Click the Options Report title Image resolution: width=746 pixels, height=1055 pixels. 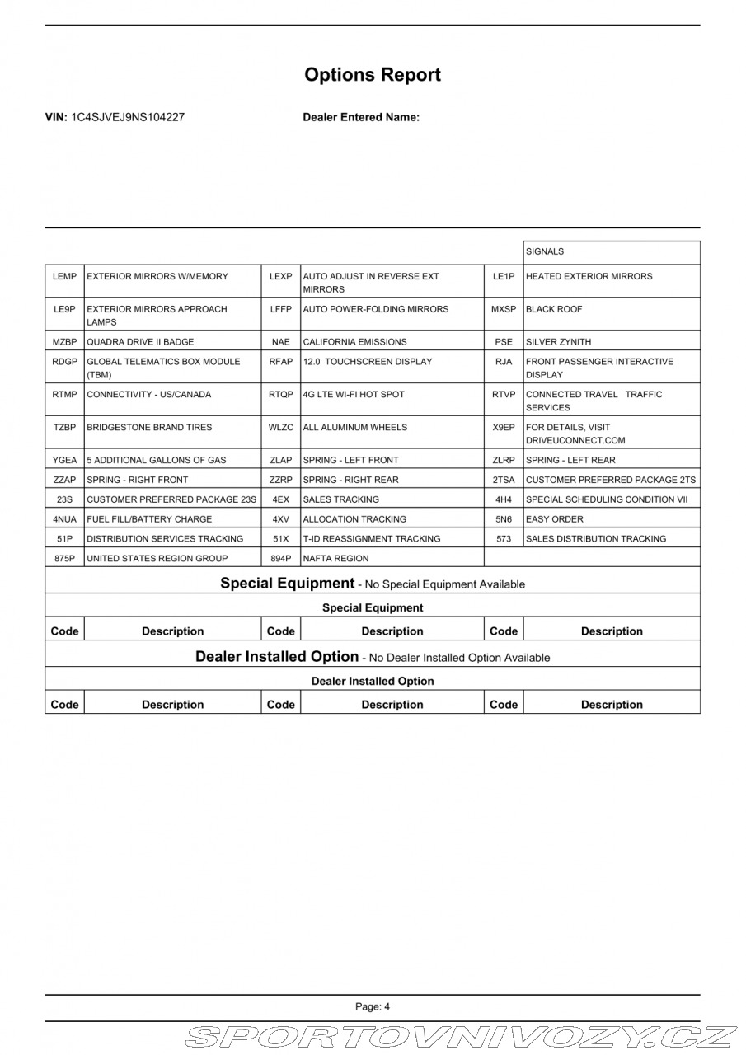(x=373, y=75)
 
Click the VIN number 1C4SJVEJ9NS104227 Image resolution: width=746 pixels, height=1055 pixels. (x=127, y=117)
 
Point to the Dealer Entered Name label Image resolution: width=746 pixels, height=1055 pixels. (x=361, y=117)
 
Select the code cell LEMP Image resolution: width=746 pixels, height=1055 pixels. (x=64, y=277)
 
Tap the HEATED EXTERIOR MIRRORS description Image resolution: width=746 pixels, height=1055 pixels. (x=589, y=277)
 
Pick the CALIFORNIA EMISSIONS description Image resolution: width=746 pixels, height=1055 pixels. (x=354, y=342)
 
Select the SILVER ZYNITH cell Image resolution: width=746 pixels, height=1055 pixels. (x=558, y=342)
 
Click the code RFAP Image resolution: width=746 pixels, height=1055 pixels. (x=281, y=362)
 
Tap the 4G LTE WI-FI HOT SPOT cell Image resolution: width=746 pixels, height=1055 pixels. (x=354, y=395)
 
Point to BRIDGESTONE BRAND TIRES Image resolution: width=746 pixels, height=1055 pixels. (x=149, y=428)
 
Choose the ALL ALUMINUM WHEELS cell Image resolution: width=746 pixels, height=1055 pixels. (x=355, y=428)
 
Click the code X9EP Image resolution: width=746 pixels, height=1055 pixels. (x=504, y=428)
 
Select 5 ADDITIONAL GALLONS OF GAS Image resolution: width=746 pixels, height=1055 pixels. (x=156, y=460)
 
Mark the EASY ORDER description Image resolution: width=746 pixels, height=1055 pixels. (x=554, y=519)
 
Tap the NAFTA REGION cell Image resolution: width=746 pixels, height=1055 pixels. (x=336, y=559)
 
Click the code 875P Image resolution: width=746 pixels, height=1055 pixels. (x=64, y=559)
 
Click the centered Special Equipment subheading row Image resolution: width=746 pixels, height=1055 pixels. (x=373, y=608)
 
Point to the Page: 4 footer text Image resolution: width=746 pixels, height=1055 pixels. (x=373, y=1006)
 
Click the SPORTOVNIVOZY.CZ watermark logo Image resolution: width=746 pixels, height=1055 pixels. (x=462, y=1037)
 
